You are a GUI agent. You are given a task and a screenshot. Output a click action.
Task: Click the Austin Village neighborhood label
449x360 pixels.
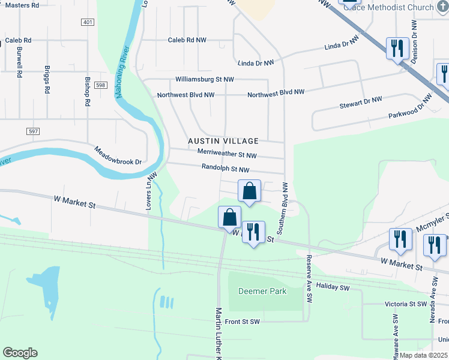pos(223,141)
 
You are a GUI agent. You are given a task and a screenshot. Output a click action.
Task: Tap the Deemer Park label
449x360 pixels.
pos(262,292)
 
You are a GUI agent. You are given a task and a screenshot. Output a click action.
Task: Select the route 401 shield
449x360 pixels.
pos(87,22)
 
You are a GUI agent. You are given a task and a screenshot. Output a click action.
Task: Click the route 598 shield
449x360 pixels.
pos(100,86)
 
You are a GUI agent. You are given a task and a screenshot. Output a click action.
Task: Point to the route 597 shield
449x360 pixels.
pos(34,131)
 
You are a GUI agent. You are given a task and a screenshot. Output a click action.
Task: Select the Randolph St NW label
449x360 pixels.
pos(224,170)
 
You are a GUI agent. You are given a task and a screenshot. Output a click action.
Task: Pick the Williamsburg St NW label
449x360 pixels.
pos(205,79)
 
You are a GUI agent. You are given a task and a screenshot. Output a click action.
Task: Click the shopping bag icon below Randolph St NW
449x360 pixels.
pos(250,191)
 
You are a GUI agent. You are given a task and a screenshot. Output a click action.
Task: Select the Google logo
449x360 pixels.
pos(20,353)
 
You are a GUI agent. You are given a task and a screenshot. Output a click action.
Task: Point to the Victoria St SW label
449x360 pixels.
pos(405,304)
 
